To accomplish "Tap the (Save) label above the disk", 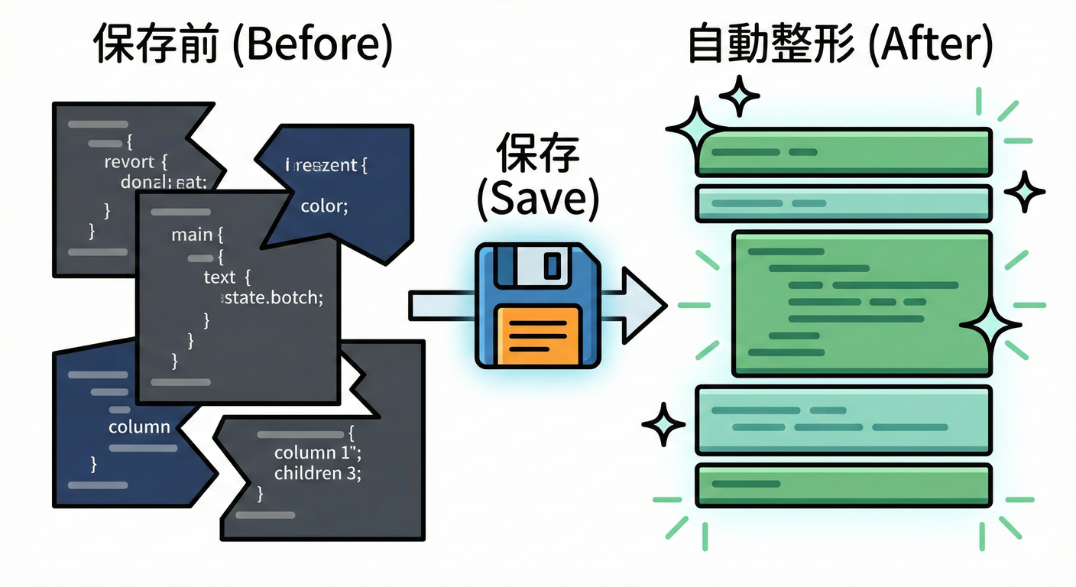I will pos(536,200).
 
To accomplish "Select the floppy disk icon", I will pos(536,306).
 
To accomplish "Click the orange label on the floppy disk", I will pos(537,334).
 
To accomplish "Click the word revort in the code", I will pos(129,162).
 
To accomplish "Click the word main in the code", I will pos(192,235).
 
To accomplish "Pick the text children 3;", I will pos(317,473).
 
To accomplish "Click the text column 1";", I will pos(312,453).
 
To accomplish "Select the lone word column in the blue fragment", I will pos(139,426).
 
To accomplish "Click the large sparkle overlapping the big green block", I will pos(990,326).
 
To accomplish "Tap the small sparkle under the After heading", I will pos(739,96).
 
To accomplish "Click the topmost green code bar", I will pos(844,151).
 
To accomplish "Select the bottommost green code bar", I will pos(844,485).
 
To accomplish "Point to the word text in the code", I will pos(220,277).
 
